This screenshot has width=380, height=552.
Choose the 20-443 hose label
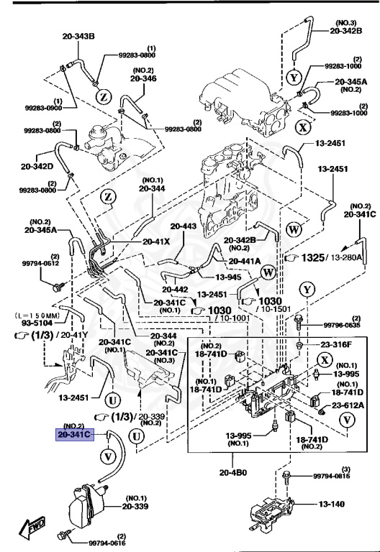[183, 226]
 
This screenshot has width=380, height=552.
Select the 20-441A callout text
[245, 261]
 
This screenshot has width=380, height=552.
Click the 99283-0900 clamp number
[23, 108]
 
